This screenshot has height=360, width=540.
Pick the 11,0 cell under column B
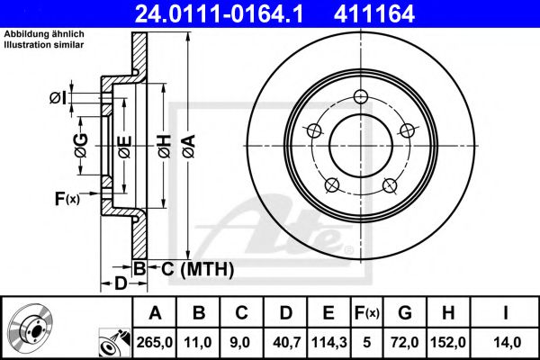[200, 343]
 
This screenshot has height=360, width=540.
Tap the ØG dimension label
[80, 143]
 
